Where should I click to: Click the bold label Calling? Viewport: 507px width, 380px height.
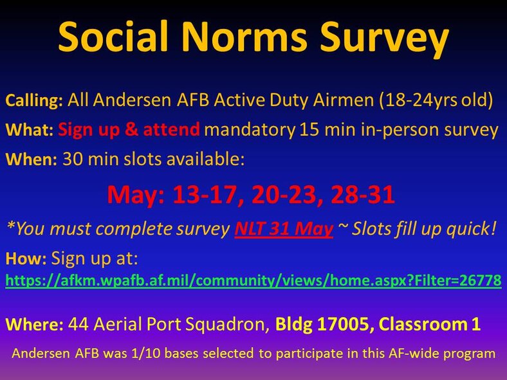(34, 101)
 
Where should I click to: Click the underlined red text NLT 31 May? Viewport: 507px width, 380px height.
(283, 228)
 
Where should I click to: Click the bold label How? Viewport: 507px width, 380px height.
(26, 259)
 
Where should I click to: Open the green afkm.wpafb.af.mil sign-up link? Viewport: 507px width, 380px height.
(253, 281)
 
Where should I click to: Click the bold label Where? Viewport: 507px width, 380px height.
(34, 325)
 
